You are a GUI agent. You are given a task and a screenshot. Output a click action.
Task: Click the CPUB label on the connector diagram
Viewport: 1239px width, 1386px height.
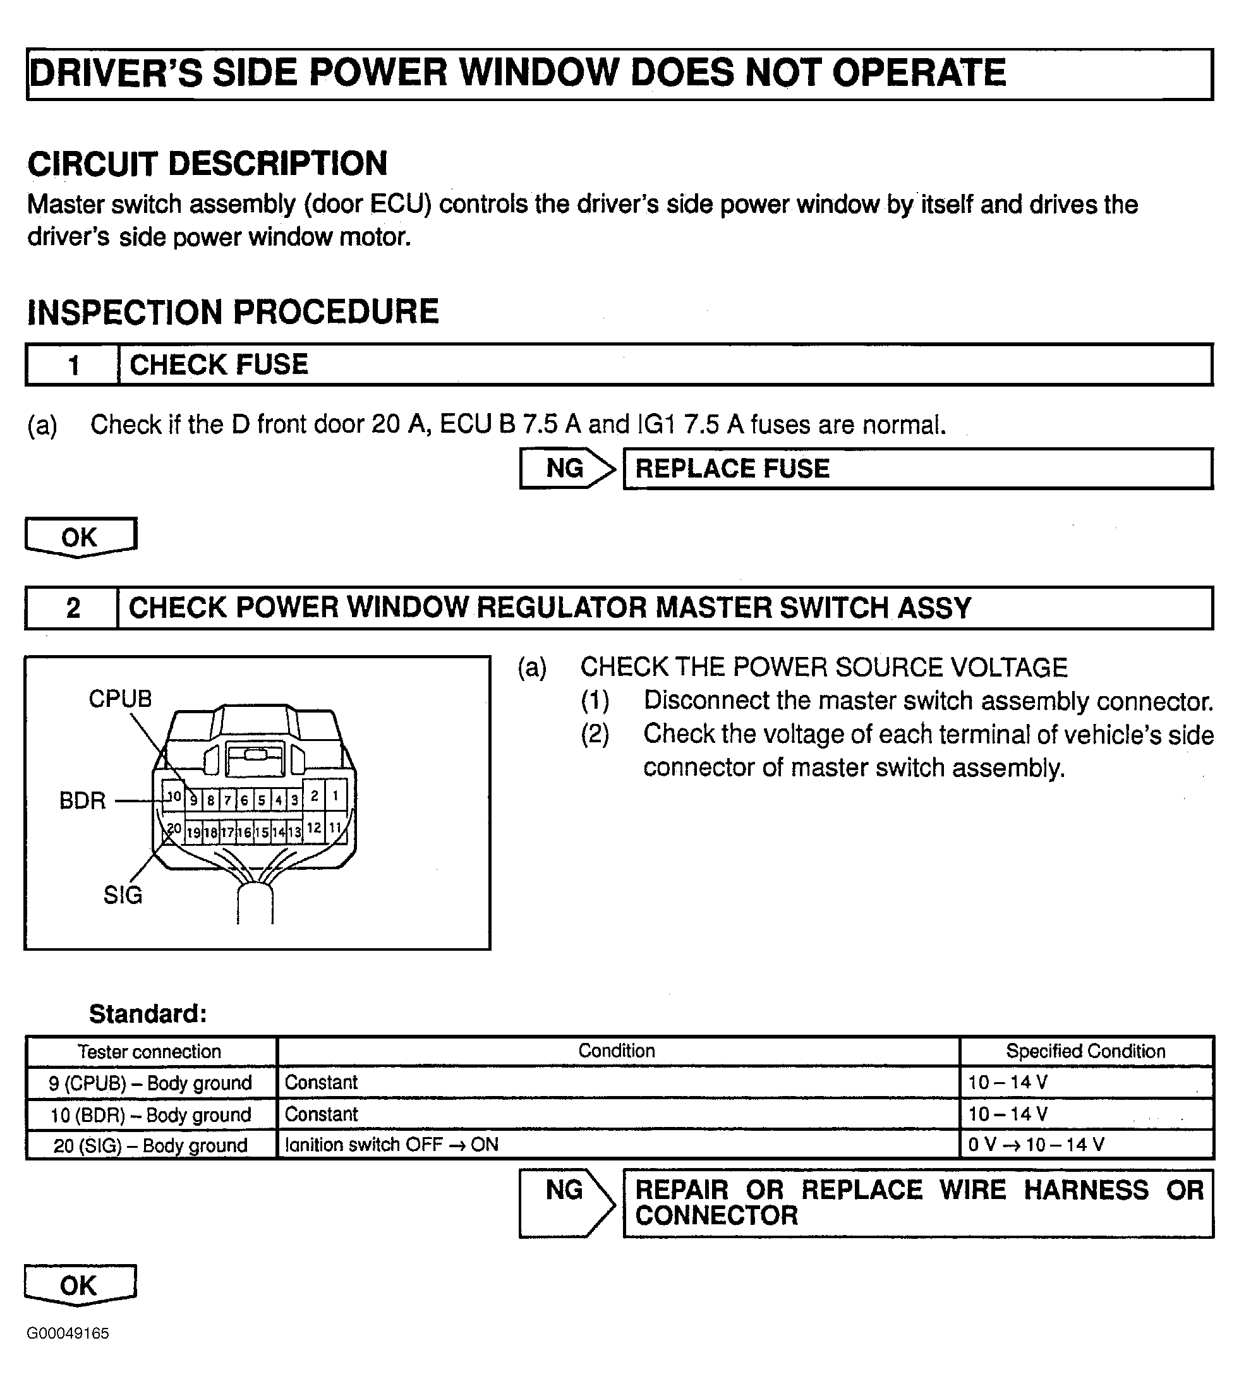120,699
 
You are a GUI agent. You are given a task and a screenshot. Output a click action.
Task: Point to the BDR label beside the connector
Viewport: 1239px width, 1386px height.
82,800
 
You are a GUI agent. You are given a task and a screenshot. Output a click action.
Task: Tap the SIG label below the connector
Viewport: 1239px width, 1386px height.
123,895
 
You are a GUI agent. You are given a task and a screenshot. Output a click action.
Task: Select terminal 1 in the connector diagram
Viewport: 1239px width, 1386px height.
335,795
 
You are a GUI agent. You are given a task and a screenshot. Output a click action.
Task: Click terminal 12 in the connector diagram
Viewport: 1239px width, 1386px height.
314,828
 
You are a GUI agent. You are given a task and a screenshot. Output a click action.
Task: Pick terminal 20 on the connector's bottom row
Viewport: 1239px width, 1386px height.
174,828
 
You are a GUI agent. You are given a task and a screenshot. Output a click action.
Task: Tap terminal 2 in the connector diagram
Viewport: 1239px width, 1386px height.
315,795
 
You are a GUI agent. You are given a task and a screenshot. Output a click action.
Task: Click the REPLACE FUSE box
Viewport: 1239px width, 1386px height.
917,468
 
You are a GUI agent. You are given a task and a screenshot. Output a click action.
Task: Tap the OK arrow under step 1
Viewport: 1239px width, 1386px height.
80,537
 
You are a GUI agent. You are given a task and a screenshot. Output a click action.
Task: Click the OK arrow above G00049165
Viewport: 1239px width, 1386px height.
80,1286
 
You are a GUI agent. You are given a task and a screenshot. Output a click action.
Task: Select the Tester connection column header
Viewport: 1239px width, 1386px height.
150,1052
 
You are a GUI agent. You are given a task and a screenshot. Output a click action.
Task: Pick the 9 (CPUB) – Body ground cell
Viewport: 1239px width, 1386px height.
150,1083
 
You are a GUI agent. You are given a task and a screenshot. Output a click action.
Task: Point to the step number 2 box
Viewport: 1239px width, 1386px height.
72,608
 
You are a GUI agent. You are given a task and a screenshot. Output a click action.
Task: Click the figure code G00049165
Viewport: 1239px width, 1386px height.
68,1334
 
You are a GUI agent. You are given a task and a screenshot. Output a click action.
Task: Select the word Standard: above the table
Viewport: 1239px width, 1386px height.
148,1014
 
